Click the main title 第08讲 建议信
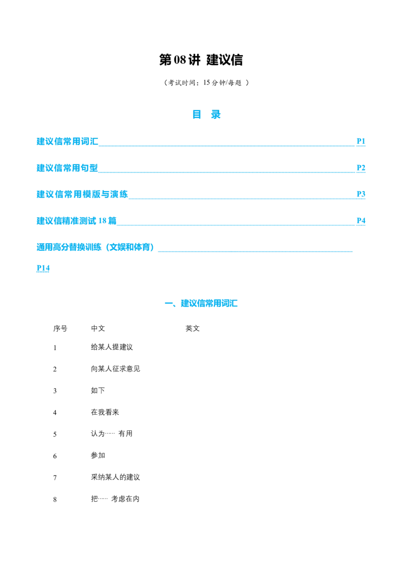click(x=201, y=60)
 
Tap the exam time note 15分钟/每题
click(x=222, y=83)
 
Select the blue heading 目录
click(x=207, y=115)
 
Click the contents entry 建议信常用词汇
click(x=67, y=141)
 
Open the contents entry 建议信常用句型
click(x=67, y=168)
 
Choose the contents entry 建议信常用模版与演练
click(x=82, y=194)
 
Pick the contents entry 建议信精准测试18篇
click(x=76, y=221)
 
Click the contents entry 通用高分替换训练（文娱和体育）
click(x=95, y=247)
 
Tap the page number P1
click(x=361, y=141)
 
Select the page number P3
click(x=361, y=194)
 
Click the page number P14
click(x=43, y=268)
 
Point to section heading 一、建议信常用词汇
click(x=201, y=304)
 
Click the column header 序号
click(x=60, y=328)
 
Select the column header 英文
click(x=192, y=328)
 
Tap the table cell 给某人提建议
click(x=112, y=347)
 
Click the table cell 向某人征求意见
click(x=116, y=368)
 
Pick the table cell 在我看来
click(x=105, y=412)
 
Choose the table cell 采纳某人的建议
click(x=116, y=477)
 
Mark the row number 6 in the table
click(x=55, y=456)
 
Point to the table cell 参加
click(x=98, y=455)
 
